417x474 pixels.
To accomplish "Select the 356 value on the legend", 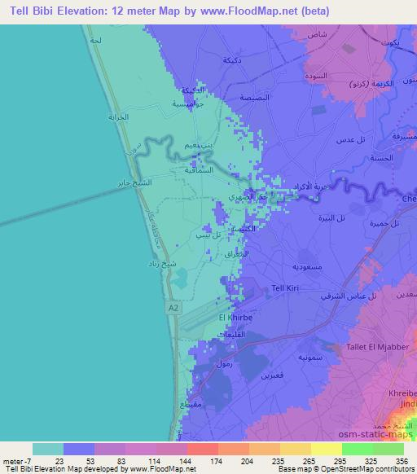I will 401,461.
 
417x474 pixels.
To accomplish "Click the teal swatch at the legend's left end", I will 48,449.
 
